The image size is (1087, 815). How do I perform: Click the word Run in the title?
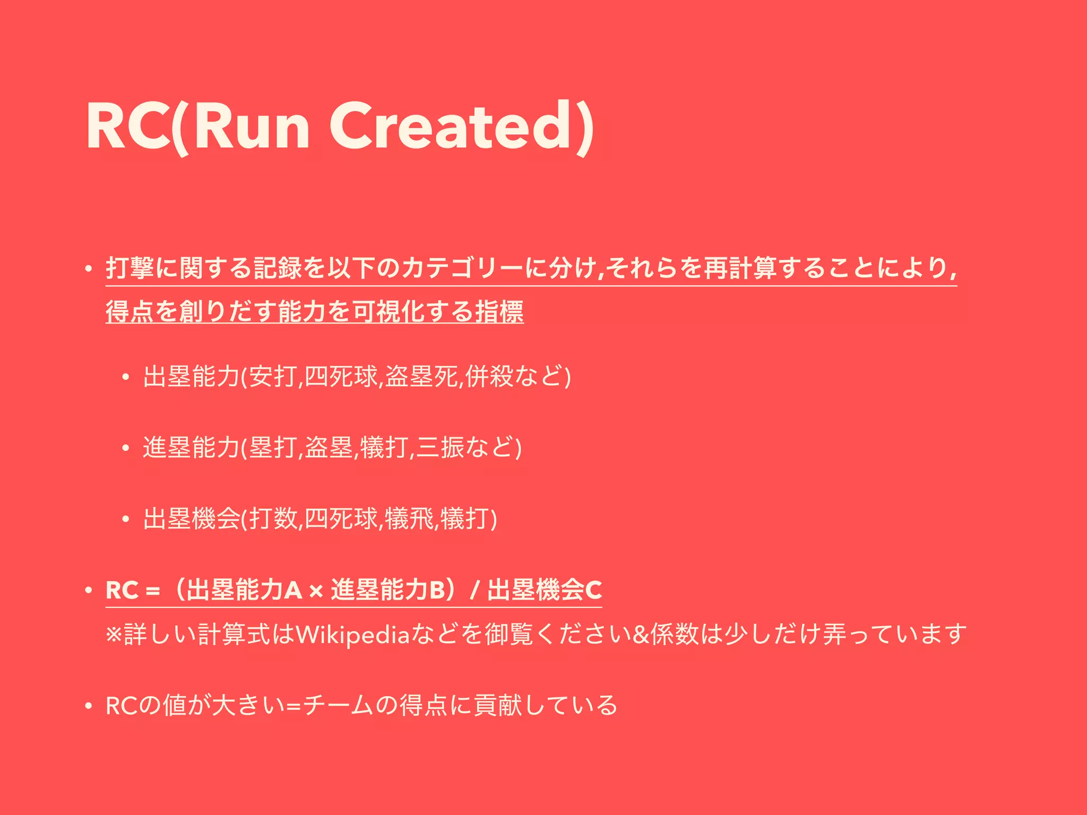[x=252, y=127]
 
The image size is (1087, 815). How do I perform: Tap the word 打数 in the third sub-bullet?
[x=274, y=518]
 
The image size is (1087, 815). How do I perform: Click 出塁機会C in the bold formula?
[x=545, y=590]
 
